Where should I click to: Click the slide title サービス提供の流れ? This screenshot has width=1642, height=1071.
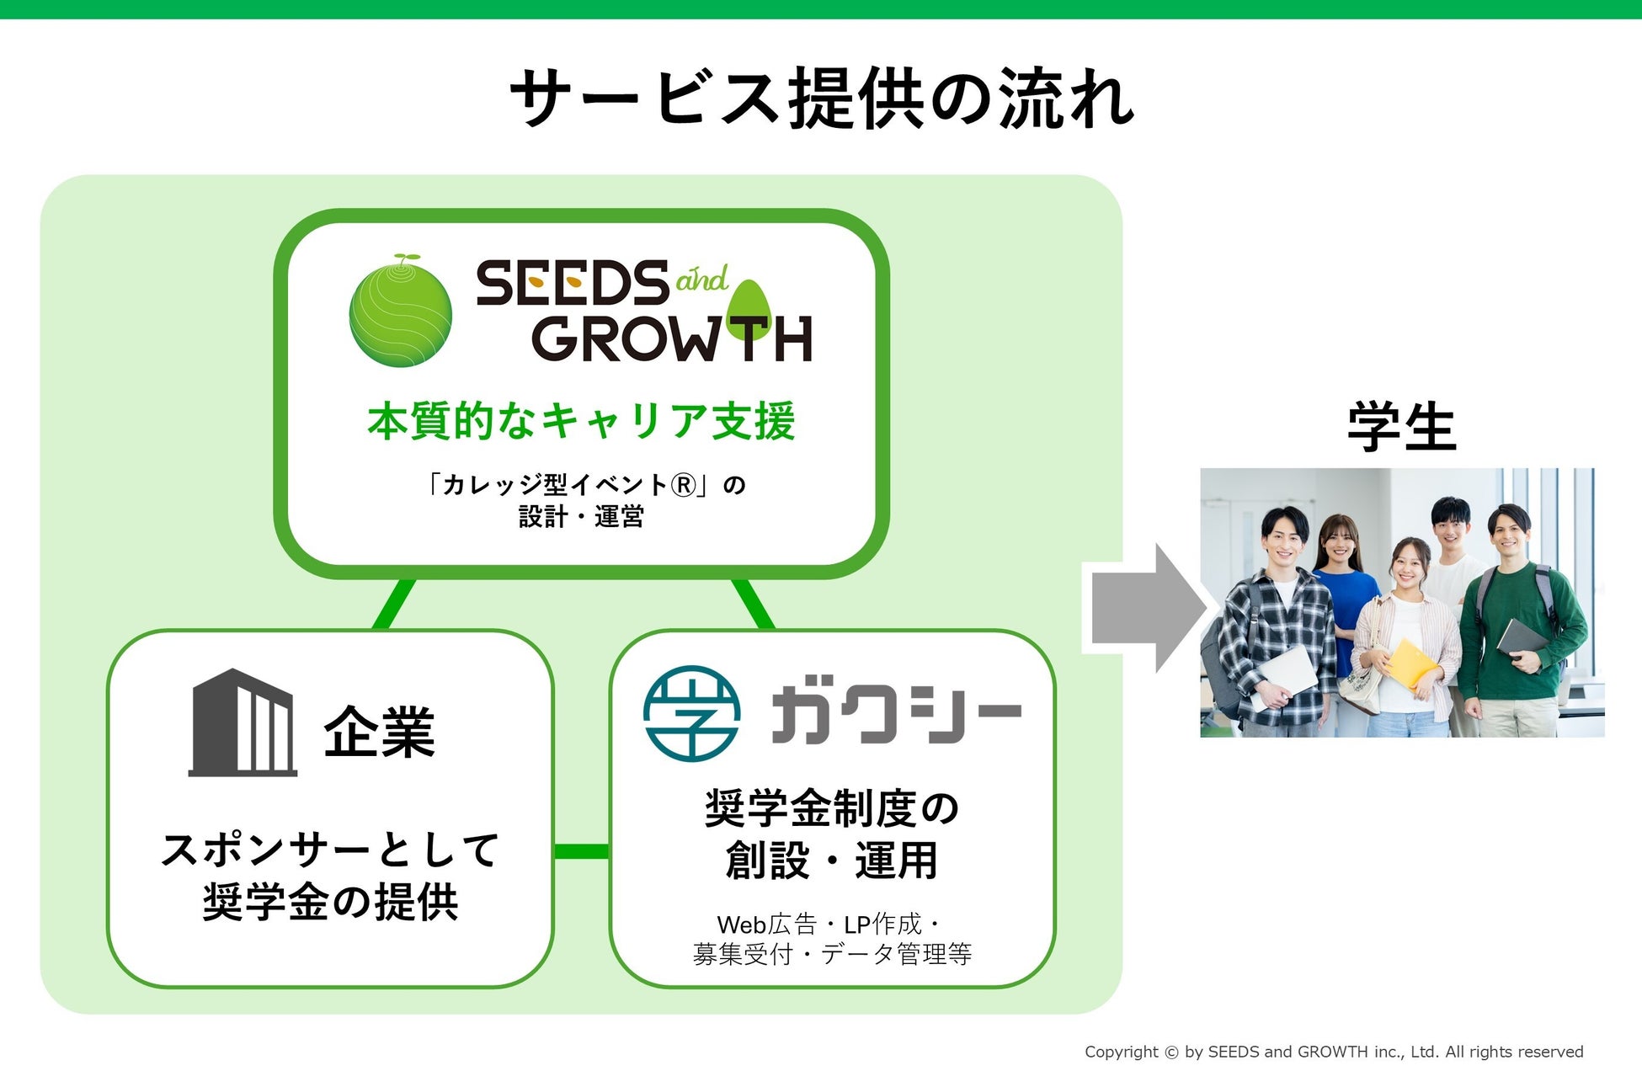821,99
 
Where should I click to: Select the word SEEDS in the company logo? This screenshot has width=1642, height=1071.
573,284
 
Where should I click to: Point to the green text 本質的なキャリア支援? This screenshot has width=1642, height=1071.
581,421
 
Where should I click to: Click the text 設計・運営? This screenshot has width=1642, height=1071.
581,516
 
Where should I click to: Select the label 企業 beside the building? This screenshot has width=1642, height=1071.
380,732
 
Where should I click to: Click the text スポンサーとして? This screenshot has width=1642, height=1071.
330,849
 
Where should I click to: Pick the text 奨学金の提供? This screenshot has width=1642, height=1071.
330,902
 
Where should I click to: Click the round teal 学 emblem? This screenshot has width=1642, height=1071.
691,713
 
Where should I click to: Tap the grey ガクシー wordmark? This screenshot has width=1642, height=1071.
895,713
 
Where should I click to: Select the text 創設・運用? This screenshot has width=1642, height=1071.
831,861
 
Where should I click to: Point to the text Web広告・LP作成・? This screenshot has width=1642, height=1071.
829,924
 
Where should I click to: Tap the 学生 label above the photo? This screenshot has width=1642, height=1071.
1401,427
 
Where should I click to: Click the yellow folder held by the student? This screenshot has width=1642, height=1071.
1411,663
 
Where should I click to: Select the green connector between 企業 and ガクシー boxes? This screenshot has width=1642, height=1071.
581,851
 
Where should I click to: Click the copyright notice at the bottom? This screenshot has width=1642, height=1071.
1333,1052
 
